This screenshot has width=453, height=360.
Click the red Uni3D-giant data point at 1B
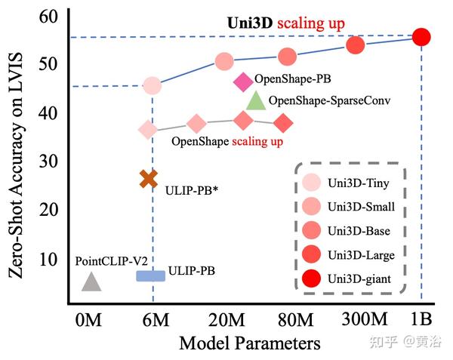[x=422, y=37]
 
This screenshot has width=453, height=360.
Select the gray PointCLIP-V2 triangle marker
[x=91, y=282]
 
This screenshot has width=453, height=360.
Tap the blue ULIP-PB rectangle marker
[x=150, y=275]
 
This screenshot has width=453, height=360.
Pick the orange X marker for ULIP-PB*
[x=149, y=179]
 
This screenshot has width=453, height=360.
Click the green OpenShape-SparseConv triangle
[x=256, y=100]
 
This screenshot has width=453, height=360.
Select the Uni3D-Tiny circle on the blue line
[x=152, y=86]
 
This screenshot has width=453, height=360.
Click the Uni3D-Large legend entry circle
[x=311, y=256]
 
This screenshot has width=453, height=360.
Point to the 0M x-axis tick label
[x=89, y=319]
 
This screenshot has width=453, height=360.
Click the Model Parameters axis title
[x=249, y=343]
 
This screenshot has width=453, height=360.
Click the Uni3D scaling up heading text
[x=286, y=23]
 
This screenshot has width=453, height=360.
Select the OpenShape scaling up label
[x=226, y=141]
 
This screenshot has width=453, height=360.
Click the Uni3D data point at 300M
[x=356, y=45]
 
